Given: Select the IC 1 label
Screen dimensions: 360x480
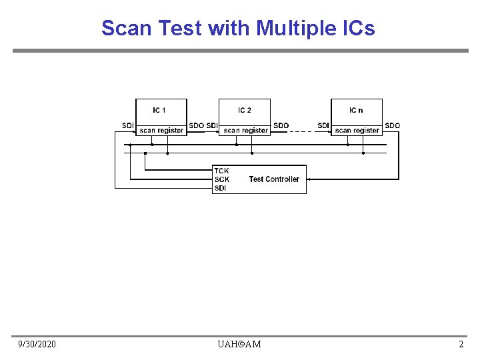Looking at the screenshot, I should tap(159, 110).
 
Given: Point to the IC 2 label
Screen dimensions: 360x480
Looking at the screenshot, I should tap(245, 110).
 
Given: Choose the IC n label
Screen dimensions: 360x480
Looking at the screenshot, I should tap(357, 110).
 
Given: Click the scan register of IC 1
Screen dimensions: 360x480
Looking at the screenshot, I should tap(161, 131).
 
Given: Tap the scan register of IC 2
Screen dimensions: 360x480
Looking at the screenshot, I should tap(246, 131).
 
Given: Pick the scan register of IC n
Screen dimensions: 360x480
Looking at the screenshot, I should tap(357, 131).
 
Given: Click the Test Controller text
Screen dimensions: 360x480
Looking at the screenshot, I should tap(274, 179).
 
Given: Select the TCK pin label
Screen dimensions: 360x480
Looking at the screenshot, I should tap(222, 171).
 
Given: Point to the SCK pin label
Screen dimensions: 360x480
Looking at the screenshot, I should tap(222, 179).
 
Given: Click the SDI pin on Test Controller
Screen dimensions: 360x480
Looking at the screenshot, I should tap(221, 188).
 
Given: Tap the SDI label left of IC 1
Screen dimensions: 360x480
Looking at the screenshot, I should tap(128, 125).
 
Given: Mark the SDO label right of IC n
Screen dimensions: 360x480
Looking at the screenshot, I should tap(393, 125).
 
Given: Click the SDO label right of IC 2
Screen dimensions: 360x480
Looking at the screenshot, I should tap(281, 125).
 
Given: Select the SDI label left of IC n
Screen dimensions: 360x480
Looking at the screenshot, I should tap(323, 125).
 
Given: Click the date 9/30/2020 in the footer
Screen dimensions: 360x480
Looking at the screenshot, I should tap(37, 344).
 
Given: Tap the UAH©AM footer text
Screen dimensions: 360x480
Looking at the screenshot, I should tap(239, 344).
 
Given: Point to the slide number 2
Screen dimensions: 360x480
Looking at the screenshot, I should tap(461, 344).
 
